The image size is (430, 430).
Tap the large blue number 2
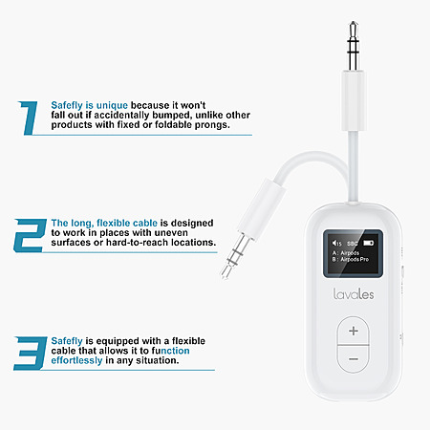click(30, 235)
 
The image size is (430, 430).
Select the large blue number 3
click(30, 354)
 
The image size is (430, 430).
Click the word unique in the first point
click(112, 105)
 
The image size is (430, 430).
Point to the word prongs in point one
click(212, 125)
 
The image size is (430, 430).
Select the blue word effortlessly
click(76, 360)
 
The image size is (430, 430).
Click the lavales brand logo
click(354, 294)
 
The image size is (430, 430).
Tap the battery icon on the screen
click(369, 243)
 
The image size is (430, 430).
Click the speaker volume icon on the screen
click(336, 244)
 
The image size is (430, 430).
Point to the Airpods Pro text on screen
click(355, 260)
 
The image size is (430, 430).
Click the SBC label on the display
click(352, 244)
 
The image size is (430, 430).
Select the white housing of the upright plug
click(353, 101)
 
